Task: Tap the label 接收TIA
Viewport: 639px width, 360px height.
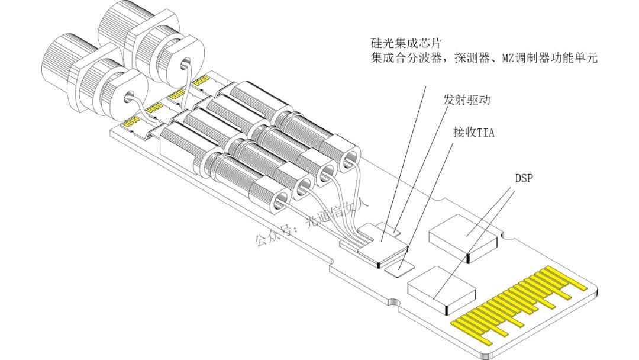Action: (472, 132)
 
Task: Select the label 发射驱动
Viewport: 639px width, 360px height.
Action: (466, 99)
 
